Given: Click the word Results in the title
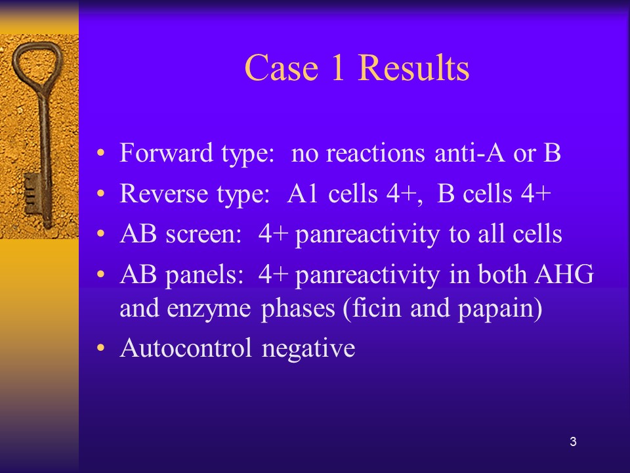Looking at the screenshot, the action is pyautogui.click(x=413, y=67).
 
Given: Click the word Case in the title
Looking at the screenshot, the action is pyautogui.click(x=282, y=67).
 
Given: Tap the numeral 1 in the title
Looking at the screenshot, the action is pyautogui.click(x=337, y=67).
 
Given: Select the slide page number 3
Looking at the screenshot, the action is pyautogui.click(x=573, y=441).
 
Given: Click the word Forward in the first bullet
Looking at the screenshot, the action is pyautogui.click(x=166, y=153).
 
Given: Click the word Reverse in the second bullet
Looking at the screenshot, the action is pyautogui.click(x=164, y=193).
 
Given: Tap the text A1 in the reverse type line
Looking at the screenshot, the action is pyautogui.click(x=303, y=193).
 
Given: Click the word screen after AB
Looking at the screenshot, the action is pyautogui.click(x=203, y=234).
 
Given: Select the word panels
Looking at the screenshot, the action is pyautogui.click(x=205, y=275).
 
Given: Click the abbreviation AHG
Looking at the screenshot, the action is pyautogui.click(x=564, y=275).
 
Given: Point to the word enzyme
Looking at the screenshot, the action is pyautogui.click(x=209, y=309).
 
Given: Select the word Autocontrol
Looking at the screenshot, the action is pyautogui.click(x=186, y=348).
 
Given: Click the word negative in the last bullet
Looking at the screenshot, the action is pyautogui.click(x=308, y=349).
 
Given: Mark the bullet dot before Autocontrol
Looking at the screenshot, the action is pyautogui.click(x=100, y=348).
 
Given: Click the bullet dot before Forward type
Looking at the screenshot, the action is pyautogui.click(x=100, y=153).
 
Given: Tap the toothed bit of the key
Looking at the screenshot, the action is pyautogui.click(x=31, y=193).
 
